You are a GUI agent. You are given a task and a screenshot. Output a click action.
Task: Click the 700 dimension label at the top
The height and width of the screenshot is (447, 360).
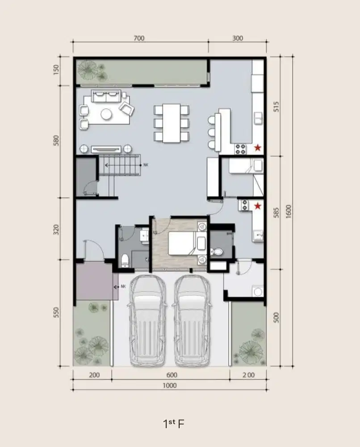click(139, 38)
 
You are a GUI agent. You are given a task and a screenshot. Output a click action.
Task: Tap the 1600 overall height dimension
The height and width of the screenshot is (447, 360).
click(289, 212)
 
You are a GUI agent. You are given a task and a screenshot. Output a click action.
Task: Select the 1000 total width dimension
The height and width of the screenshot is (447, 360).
click(170, 385)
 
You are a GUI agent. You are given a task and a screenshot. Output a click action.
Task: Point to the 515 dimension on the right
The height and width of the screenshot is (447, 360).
click(276, 106)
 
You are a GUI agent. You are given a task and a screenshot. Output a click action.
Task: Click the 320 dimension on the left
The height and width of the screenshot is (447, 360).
click(56, 230)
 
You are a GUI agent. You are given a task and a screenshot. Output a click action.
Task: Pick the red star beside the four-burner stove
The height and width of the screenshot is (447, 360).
click(257, 148)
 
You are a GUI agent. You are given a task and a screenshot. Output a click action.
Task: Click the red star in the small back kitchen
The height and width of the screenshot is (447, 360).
click(257, 206)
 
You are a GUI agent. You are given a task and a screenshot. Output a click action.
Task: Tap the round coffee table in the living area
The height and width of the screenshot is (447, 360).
click(106, 114)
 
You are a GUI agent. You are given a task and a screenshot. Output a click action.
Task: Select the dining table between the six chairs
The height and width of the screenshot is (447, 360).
click(172, 123)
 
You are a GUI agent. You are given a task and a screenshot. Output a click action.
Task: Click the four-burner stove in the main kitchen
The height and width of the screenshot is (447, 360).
click(240, 149)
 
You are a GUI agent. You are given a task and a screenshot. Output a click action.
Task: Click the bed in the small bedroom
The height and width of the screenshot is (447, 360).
click(187, 243)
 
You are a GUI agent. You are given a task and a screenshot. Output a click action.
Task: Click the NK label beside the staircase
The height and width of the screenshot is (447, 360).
click(146, 165)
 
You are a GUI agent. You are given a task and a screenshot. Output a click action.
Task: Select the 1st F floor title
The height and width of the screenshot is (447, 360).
click(174, 424)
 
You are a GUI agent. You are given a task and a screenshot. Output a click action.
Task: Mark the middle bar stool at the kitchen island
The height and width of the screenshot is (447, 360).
click(212, 132)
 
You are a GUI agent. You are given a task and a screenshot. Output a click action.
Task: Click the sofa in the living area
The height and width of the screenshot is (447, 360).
click(106, 96)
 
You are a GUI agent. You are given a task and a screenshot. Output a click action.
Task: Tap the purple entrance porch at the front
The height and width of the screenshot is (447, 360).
click(97, 281)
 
